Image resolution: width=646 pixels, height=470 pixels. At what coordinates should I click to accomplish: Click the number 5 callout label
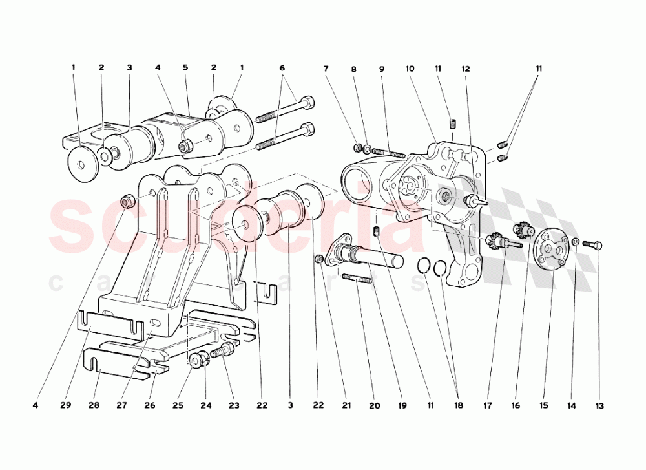click(185, 67)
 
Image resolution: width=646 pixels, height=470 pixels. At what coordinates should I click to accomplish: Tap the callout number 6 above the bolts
click(282, 67)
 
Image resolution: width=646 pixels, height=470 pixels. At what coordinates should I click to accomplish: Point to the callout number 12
click(465, 67)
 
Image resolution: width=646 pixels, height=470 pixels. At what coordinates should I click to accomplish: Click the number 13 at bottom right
click(599, 406)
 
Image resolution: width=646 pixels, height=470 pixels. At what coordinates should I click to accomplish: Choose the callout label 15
click(544, 406)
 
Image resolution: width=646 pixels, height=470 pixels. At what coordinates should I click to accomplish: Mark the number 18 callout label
click(458, 406)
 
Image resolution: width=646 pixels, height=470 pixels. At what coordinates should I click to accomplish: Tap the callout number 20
click(375, 406)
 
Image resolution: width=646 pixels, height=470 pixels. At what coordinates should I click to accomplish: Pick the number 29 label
click(66, 406)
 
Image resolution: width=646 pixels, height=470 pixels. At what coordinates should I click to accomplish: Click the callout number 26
click(150, 406)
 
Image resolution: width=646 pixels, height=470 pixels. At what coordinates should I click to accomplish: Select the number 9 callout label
click(382, 67)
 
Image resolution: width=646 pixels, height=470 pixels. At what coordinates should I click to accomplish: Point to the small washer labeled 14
click(576, 242)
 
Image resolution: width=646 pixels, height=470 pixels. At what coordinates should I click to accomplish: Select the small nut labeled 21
click(319, 259)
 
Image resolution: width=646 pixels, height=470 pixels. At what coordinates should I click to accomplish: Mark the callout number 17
click(488, 406)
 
